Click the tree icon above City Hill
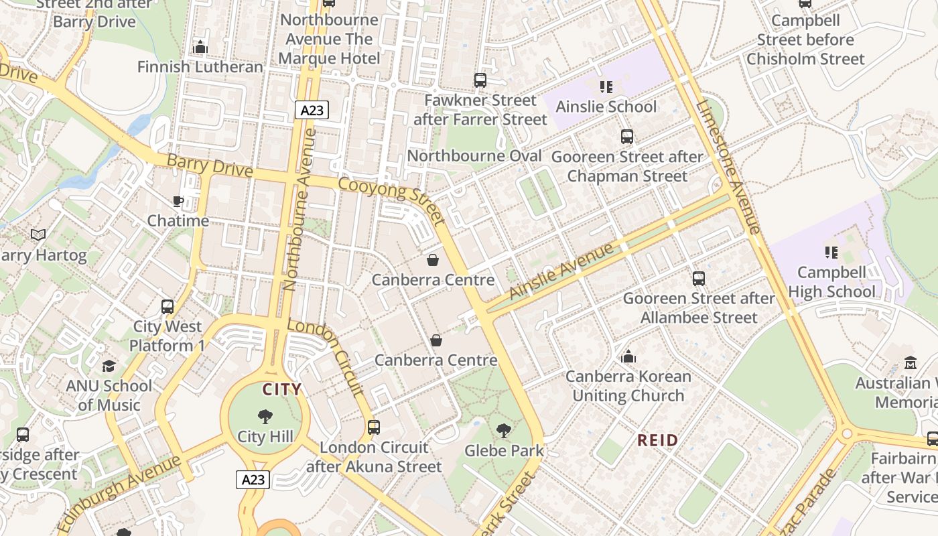coord(265,417)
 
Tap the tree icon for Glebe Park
coord(504,431)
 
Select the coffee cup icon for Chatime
coord(178,201)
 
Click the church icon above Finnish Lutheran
coord(200,47)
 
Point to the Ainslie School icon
coord(606,86)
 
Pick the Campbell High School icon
coord(831,253)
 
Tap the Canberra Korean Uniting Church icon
coord(628,356)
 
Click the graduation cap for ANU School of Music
coord(109,366)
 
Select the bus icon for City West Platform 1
coord(167,307)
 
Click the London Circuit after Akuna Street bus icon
coord(374,427)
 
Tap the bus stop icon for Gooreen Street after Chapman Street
coord(626,137)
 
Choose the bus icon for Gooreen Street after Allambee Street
coord(699,278)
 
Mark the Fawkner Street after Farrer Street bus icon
coord(480,80)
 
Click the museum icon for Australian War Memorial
coord(910,363)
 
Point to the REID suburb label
coord(657,440)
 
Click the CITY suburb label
coord(281,389)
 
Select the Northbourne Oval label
coord(474,156)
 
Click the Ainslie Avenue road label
coord(561,271)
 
